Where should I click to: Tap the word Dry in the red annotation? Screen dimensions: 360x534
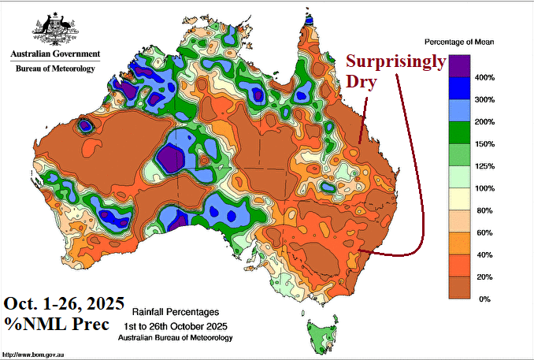(x=363, y=82)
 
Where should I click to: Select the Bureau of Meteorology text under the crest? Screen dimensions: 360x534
(x=55, y=69)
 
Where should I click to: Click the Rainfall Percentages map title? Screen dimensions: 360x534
(x=175, y=312)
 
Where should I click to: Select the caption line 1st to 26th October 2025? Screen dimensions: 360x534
(x=175, y=325)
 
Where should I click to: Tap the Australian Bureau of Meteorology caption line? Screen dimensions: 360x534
(x=175, y=337)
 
